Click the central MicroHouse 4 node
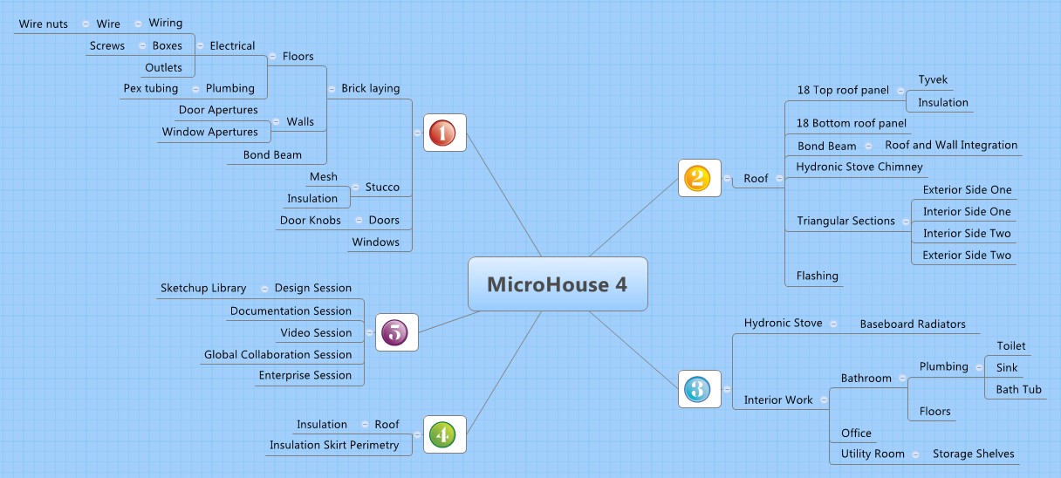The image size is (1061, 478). (558, 284)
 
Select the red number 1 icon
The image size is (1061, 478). (444, 133)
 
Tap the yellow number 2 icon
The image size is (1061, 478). (699, 178)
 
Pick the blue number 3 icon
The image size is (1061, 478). (699, 388)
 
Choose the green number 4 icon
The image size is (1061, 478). (444, 434)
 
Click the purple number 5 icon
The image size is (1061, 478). (396, 332)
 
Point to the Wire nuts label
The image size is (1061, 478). (44, 24)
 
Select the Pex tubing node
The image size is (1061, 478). (151, 89)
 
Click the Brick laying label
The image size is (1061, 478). (371, 88)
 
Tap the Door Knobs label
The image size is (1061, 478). (311, 221)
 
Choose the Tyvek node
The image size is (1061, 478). (933, 80)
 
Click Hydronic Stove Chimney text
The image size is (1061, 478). (859, 167)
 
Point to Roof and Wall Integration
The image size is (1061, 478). (951, 145)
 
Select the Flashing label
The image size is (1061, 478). (818, 276)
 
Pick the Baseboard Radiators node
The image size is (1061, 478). (913, 324)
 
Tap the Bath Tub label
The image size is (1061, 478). (1019, 390)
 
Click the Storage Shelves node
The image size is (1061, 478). (973, 454)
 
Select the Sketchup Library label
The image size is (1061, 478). (203, 288)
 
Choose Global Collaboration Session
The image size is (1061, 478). (277, 354)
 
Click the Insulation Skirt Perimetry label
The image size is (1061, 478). (334, 445)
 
